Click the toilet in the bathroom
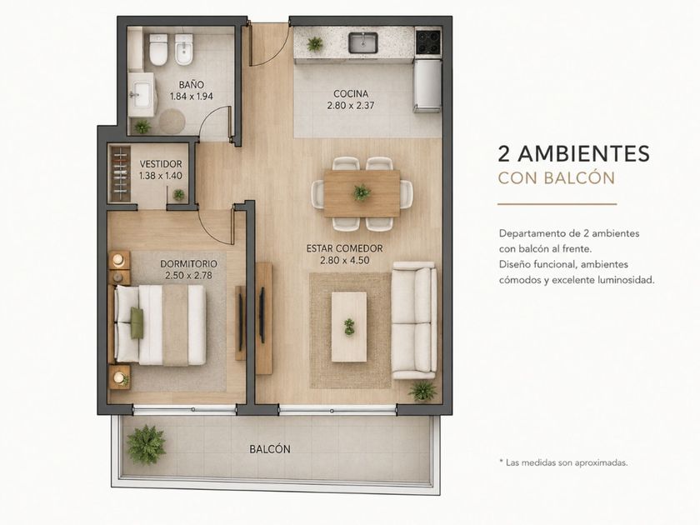(x=158, y=49)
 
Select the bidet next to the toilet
(x=183, y=49)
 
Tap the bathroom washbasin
(x=142, y=95)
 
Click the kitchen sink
(x=363, y=42)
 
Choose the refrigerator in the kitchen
(x=427, y=86)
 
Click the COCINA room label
(x=351, y=93)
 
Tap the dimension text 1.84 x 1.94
(x=192, y=96)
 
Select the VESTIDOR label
(x=161, y=164)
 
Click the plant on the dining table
(x=362, y=192)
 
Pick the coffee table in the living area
(x=349, y=327)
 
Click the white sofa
(x=414, y=320)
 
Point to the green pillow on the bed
(x=137, y=322)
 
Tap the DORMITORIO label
(x=189, y=264)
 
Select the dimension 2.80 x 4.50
(x=345, y=260)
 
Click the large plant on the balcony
(x=146, y=445)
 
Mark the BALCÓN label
(x=270, y=449)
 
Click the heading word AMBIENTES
(x=584, y=153)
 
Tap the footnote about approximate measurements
(x=563, y=462)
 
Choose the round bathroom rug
(x=172, y=121)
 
